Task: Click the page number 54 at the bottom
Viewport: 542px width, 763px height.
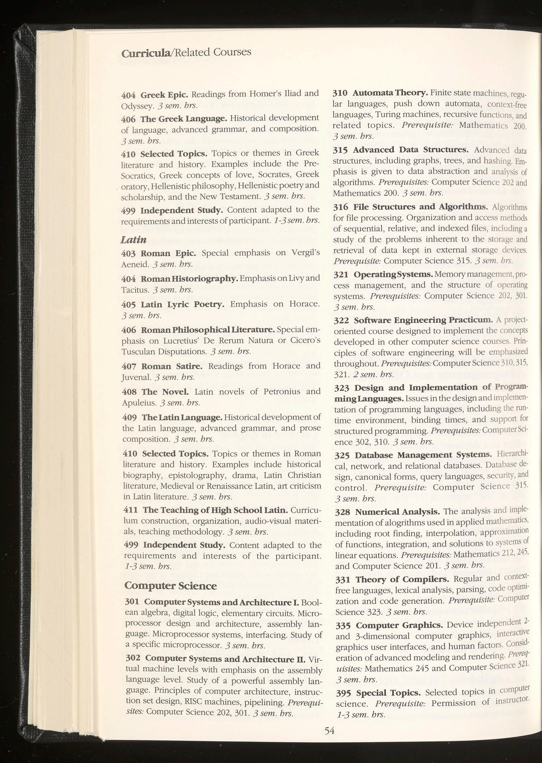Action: click(x=329, y=731)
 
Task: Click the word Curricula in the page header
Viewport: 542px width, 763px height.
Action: click(x=146, y=53)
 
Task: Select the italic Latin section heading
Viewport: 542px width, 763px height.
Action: click(x=134, y=239)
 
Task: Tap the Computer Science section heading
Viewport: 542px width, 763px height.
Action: click(x=170, y=586)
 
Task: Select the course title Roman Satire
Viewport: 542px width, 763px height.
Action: click(x=172, y=366)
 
